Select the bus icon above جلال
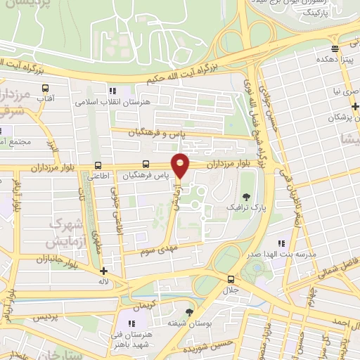(231, 278)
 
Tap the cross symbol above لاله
(103, 271)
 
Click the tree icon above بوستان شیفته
(188, 311)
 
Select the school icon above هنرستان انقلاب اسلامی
(112, 91)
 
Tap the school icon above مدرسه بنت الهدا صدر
(283, 243)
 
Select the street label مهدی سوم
(156, 249)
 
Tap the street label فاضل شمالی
(338, 265)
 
